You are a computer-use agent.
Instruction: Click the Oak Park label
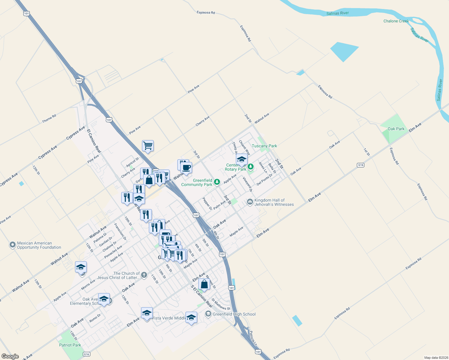tap(396, 129)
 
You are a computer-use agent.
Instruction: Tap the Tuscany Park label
tap(264, 146)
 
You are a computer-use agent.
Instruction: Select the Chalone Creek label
tap(396, 21)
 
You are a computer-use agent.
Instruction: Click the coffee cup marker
tap(186, 167)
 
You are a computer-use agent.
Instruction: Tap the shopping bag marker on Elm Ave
tap(204, 284)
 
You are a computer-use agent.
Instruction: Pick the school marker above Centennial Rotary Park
tap(242, 159)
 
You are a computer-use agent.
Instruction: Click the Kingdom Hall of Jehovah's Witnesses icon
tap(250, 202)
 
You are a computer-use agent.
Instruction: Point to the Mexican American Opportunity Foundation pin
tap(12, 245)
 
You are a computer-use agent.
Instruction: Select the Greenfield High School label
tap(234, 314)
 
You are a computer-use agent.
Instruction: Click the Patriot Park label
tap(70, 345)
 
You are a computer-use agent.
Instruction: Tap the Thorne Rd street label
tap(49, 118)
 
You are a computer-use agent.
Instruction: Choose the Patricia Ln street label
tap(253, 338)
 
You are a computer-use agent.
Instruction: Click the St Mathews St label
tap(221, 304)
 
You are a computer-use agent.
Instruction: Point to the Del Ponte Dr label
tap(264, 179)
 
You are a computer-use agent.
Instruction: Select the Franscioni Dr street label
tap(120, 231)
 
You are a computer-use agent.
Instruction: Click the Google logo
tap(10, 356)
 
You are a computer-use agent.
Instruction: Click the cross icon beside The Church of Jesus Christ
tap(144, 275)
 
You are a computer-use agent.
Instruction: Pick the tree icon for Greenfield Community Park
tap(217, 182)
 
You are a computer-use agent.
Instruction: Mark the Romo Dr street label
tap(95, 318)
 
